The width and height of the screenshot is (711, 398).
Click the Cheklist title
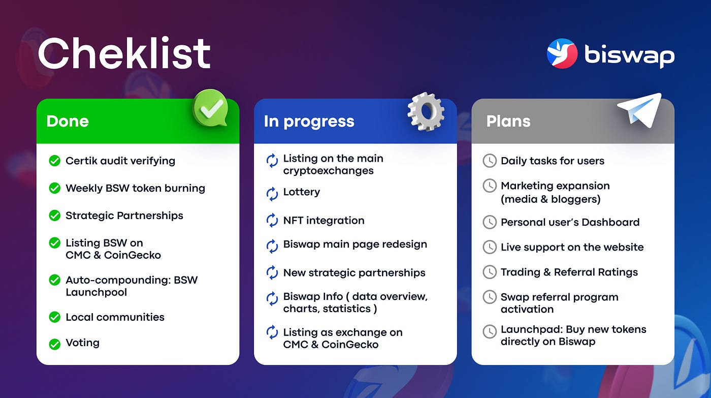[x=124, y=53]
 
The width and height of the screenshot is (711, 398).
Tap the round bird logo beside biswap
[x=562, y=53]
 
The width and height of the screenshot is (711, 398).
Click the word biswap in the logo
[x=629, y=56]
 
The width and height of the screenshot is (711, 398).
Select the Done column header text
[x=68, y=121]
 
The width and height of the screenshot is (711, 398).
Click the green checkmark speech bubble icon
[x=210, y=108]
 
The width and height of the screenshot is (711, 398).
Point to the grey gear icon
[x=426, y=111]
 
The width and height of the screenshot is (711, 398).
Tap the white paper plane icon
[x=639, y=110]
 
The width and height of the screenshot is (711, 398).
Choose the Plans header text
[x=508, y=121]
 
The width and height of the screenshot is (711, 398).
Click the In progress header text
[x=309, y=121]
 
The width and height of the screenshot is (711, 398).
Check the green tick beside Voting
[x=55, y=344]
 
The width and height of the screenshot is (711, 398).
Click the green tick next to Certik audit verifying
[x=55, y=161]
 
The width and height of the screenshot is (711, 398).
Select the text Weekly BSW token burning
[x=135, y=188]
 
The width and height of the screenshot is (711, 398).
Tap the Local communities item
[x=115, y=317]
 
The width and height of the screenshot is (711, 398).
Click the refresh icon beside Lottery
[x=272, y=194]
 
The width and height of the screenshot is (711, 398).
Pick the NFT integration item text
[x=324, y=221]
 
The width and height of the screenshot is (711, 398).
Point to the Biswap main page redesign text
[x=355, y=244]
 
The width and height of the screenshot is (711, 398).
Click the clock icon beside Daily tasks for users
[x=490, y=161]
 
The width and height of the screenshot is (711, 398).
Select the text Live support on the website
[x=572, y=247]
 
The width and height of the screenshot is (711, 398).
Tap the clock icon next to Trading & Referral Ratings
[x=490, y=272]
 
